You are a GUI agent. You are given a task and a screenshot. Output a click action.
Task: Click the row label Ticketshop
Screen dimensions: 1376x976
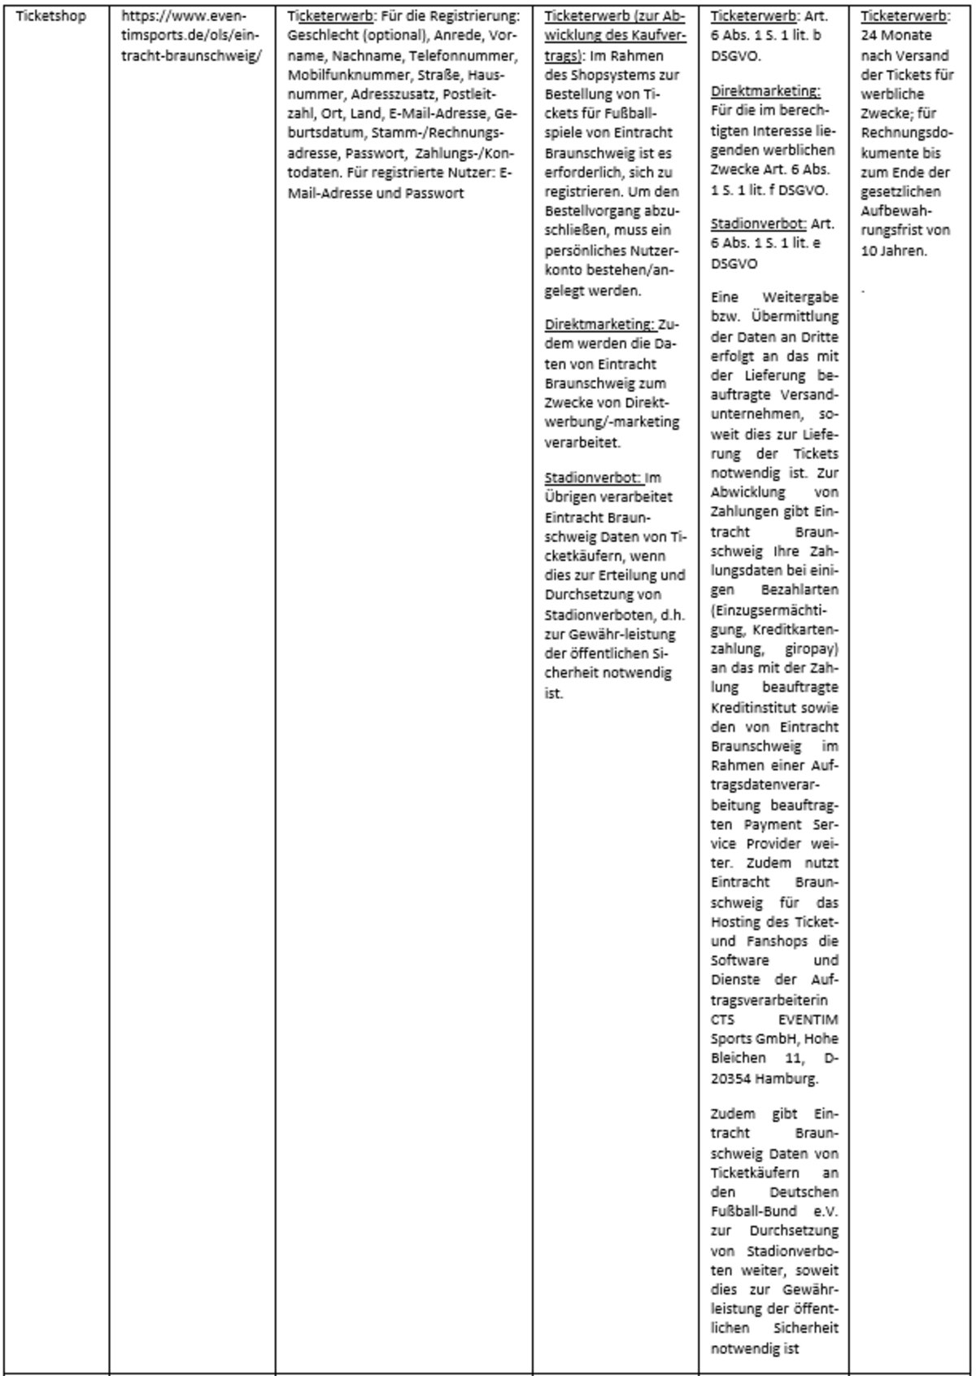point(50,16)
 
